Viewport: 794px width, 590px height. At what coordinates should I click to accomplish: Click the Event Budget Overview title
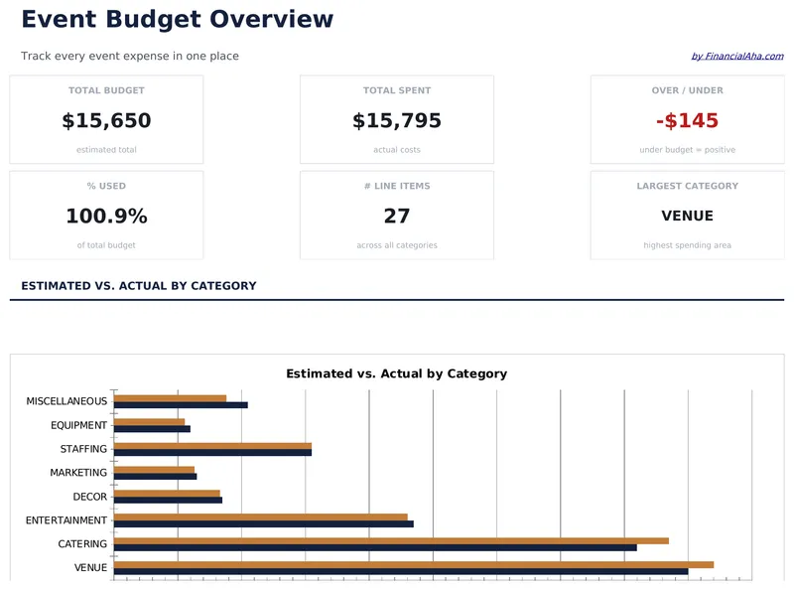point(177,19)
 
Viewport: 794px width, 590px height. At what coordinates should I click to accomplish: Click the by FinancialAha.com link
point(736,57)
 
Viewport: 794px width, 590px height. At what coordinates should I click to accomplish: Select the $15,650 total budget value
point(106,121)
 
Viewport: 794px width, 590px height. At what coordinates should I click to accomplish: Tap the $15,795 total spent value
point(396,121)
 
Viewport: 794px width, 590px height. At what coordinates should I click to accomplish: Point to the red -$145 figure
point(687,121)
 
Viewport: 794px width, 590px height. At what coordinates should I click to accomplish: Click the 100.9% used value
point(106,217)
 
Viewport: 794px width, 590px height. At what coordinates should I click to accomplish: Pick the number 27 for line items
point(396,217)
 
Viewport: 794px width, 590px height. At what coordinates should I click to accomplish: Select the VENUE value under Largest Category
point(687,217)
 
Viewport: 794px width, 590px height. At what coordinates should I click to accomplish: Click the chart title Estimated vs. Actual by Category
point(396,374)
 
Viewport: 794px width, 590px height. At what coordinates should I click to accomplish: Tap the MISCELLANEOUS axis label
point(66,401)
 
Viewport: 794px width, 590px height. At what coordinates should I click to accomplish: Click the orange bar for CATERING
point(391,540)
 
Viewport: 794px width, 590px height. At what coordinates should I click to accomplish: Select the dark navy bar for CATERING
point(375,547)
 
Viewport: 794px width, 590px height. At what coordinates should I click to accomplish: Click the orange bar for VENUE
point(413,564)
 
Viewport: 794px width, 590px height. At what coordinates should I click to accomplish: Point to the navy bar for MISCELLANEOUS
point(181,405)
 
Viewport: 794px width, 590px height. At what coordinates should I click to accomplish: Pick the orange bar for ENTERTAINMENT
point(260,516)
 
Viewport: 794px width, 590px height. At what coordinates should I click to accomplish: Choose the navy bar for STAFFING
point(212,453)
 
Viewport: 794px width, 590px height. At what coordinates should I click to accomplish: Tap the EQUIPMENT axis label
point(78,425)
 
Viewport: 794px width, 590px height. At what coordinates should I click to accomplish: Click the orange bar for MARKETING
point(154,470)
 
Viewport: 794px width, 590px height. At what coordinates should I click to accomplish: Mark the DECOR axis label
point(89,497)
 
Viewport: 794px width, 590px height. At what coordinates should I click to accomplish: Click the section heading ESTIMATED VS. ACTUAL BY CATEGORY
point(138,286)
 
